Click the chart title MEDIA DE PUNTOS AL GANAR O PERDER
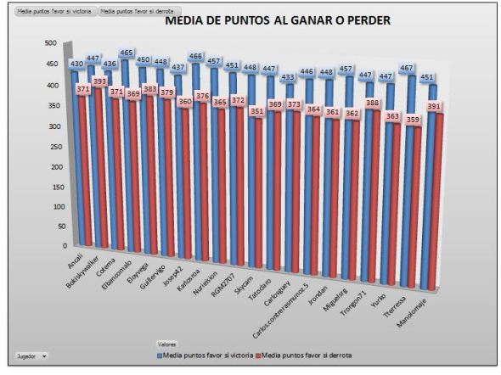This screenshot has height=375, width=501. coord(276,20)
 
